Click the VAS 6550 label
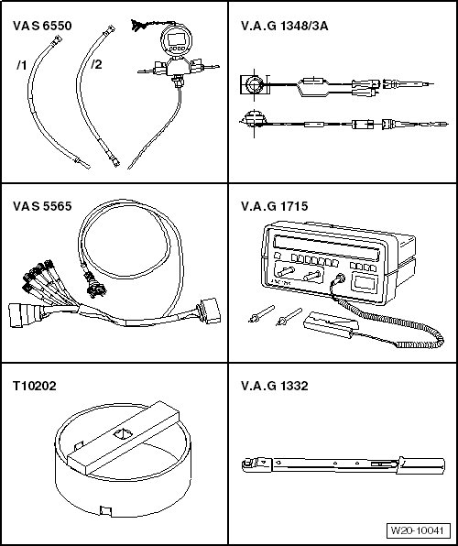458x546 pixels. point(42,26)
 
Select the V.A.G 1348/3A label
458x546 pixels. point(285,26)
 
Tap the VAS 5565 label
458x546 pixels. point(42,206)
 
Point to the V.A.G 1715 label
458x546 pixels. point(275,206)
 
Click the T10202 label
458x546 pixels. point(35,386)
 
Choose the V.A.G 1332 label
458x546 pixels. point(275,386)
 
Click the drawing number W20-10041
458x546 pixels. point(418,530)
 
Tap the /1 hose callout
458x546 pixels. point(22,65)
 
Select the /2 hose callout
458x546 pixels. point(96,64)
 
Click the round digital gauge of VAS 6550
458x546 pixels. point(176,41)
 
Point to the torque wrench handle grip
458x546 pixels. point(421,466)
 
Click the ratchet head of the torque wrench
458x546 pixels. point(256,464)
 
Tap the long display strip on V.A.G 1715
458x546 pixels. point(326,247)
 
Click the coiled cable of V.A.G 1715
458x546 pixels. point(390,323)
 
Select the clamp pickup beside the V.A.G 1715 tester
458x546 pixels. point(331,324)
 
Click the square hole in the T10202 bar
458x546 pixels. point(124,434)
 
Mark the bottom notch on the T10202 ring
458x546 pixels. point(105,511)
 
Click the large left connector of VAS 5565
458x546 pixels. point(25,315)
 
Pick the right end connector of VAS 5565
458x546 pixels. point(209,311)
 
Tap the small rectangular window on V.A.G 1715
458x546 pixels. point(365,282)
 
